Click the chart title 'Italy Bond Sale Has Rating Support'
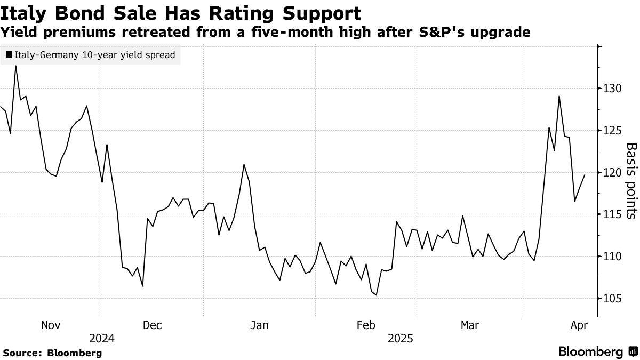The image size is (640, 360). pyautogui.click(x=181, y=12)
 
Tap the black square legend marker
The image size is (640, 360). pyautogui.click(x=9, y=55)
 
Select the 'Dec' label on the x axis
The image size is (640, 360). pyautogui.click(x=153, y=325)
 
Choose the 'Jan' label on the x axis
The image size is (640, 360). pyautogui.click(x=259, y=325)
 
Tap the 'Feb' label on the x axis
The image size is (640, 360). pyautogui.click(x=366, y=325)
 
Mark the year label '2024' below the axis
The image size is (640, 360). pyautogui.click(x=102, y=339)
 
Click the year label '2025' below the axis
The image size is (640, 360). pyautogui.click(x=400, y=339)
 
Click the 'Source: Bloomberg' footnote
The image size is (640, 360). pyautogui.click(x=52, y=353)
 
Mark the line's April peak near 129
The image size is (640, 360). pyautogui.click(x=559, y=97)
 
